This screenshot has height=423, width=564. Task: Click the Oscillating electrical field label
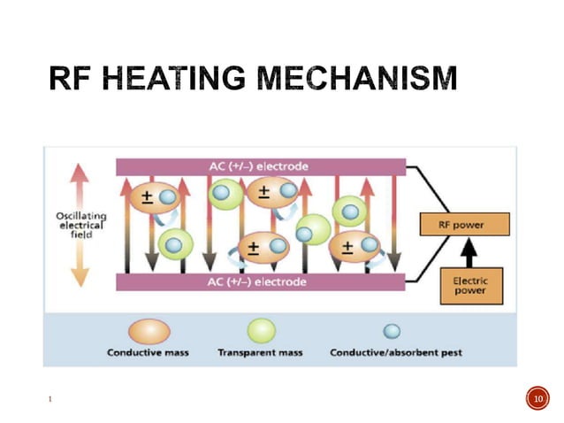point(80,225)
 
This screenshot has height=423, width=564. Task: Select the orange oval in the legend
point(149,331)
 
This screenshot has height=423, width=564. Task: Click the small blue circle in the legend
point(392,331)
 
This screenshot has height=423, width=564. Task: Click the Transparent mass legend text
point(260,353)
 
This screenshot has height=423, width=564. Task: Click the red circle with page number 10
point(537,400)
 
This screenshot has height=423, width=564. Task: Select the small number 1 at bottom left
point(50,401)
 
